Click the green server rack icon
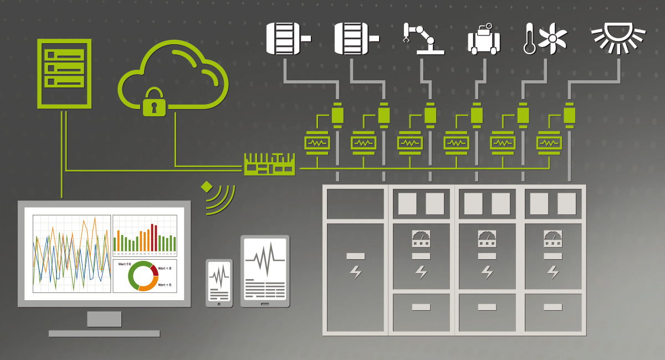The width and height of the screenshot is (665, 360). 64,73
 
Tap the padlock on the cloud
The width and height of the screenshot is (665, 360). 154,103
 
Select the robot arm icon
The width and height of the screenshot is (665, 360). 422,38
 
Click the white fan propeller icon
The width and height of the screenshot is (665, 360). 553,39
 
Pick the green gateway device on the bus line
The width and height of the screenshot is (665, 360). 269,164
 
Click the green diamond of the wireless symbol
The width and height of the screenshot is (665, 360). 207,187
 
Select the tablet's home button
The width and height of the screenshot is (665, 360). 265,304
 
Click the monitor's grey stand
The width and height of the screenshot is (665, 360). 104,319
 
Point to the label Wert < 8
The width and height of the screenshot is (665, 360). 165,268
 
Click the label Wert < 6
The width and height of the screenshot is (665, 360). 165,285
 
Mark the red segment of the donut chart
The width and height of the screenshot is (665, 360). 154,270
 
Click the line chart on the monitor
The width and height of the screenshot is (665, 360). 71,253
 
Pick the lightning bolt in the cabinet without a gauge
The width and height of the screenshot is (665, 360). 355,272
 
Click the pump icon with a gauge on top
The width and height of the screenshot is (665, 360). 484,40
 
